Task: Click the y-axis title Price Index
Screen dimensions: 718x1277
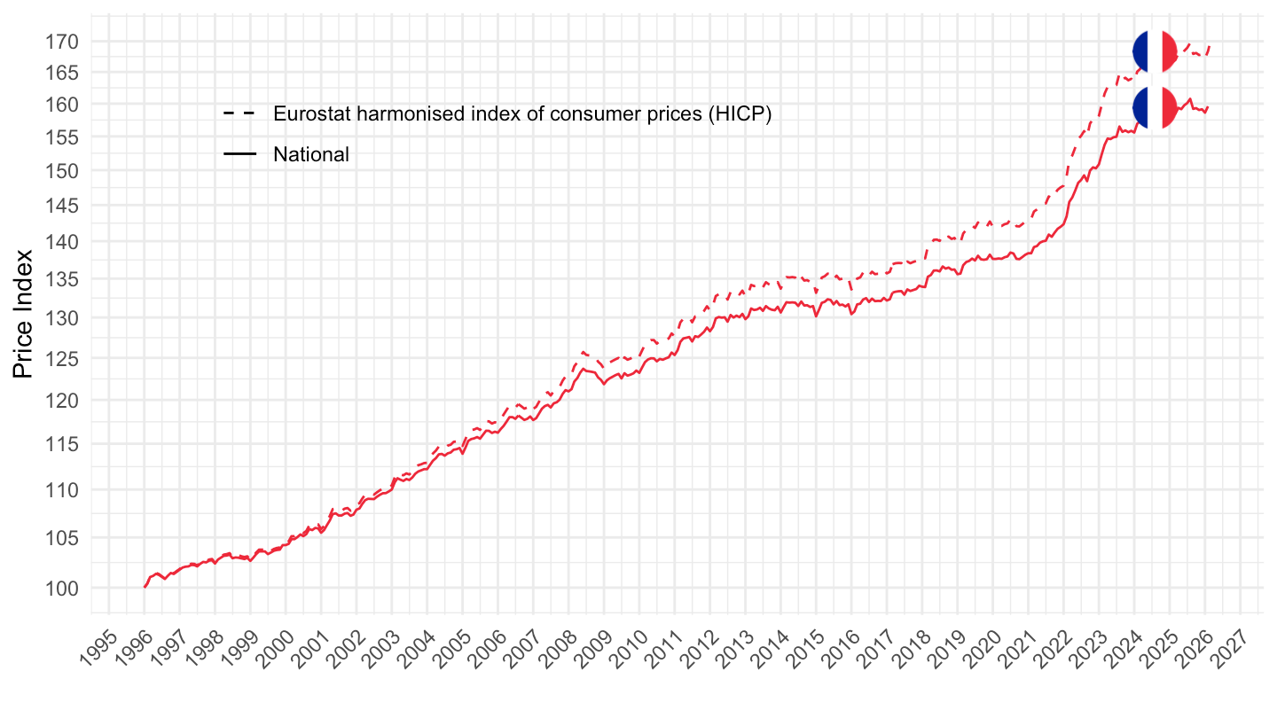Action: click(24, 313)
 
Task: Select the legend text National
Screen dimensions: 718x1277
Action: click(311, 154)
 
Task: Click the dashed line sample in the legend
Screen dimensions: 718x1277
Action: click(239, 113)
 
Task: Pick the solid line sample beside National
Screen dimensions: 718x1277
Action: click(239, 154)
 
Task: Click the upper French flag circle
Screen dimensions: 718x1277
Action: click(1155, 51)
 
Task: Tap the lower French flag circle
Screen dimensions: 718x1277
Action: click(1155, 107)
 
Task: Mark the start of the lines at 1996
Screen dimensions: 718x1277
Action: click(145, 587)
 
